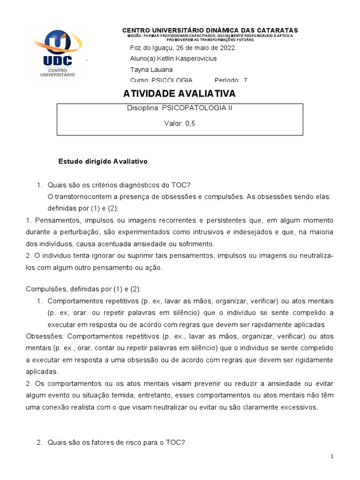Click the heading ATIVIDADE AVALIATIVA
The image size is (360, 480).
click(180, 94)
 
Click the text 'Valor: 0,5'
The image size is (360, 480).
click(180, 124)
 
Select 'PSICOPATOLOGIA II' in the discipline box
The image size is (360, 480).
click(197, 108)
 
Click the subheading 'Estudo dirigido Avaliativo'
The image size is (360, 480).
click(103, 161)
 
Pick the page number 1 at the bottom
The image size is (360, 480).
click(332, 457)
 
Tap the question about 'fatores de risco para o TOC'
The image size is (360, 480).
click(117, 441)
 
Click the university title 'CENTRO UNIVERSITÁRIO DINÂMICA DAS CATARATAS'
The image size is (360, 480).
click(210, 30)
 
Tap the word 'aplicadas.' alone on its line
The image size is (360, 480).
click(42, 371)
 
